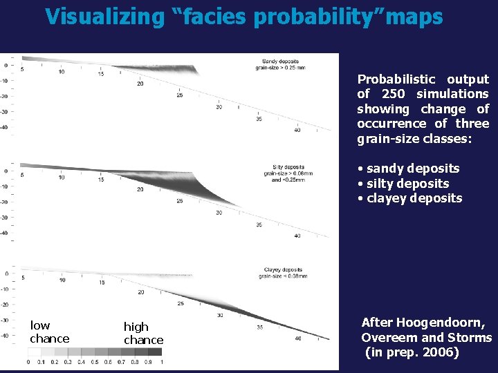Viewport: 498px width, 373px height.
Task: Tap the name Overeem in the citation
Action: [x=388, y=338]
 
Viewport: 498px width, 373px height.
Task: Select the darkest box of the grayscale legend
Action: [x=155, y=352]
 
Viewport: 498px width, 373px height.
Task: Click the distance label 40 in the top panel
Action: [x=297, y=130]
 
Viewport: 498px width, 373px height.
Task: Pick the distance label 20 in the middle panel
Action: [x=141, y=189]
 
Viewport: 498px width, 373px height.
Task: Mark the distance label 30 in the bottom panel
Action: [x=219, y=316]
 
